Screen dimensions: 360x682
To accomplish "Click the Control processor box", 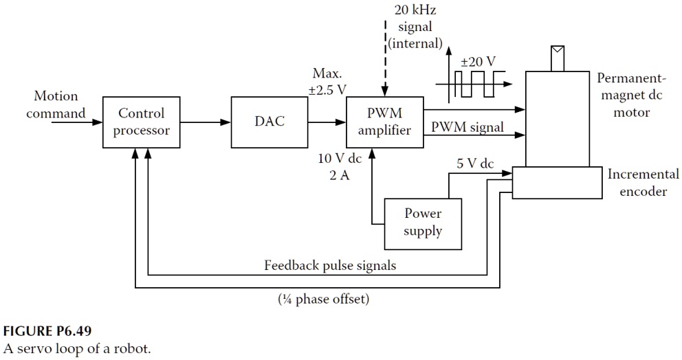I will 141,122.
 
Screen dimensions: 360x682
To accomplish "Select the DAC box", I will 269,122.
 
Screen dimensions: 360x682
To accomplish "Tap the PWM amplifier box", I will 384,122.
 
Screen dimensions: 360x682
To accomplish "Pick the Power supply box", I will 423,223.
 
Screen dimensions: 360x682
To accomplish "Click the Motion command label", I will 56,104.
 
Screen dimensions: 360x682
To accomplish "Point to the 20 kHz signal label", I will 414,27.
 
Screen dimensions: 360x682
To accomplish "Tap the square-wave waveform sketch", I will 474,84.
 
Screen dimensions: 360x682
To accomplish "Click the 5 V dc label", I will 475,164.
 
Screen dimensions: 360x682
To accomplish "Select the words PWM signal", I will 467,126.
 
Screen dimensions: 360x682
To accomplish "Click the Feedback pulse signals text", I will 330,265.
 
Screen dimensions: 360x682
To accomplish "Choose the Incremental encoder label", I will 643,183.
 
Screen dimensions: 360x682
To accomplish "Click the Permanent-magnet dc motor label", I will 631,94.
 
